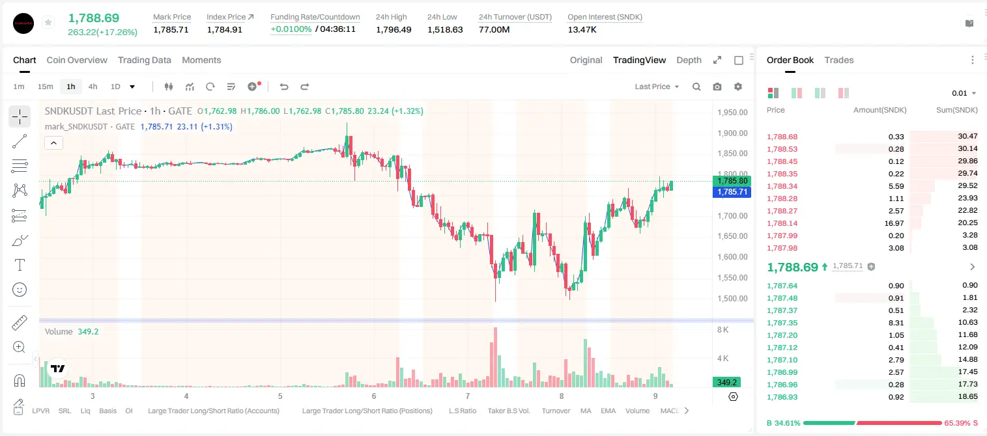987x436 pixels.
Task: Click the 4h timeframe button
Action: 93,87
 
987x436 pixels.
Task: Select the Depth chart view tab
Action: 689,61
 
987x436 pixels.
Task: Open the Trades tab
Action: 839,61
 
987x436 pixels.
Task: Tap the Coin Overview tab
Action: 77,61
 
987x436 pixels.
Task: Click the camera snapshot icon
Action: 717,87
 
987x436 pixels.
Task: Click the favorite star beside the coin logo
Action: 48,22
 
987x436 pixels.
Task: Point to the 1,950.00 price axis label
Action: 732,112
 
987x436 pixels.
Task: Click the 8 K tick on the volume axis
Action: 722,329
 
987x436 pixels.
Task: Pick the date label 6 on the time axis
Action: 374,396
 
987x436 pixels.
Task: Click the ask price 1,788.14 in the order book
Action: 782,223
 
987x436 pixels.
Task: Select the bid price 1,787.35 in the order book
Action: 782,323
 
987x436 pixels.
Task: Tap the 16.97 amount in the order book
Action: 894,223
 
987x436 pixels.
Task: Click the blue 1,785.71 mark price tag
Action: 732,192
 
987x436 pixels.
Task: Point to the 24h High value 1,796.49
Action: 393,29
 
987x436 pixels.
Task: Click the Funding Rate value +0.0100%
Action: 291,29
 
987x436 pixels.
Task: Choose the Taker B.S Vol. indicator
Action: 508,411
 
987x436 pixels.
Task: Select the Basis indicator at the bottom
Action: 108,411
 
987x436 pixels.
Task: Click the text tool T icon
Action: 20,265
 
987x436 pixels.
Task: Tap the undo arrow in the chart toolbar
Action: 284,87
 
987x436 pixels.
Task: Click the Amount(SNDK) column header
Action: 880,110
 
